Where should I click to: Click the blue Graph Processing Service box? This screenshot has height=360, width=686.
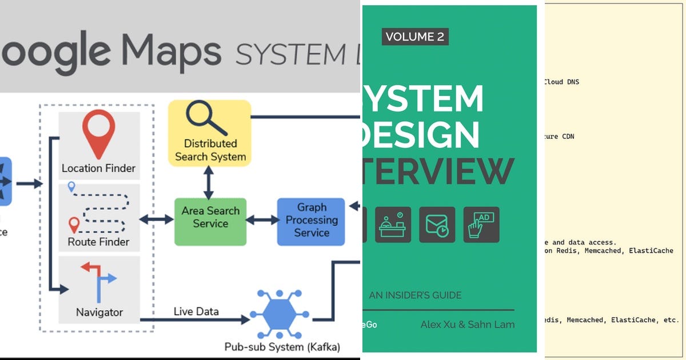(312, 221)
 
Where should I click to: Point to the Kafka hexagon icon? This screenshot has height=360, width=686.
(280, 315)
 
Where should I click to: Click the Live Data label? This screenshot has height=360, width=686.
(196, 311)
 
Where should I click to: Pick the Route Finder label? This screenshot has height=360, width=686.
(98, 242)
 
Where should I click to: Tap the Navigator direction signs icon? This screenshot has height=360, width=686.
(98, 281)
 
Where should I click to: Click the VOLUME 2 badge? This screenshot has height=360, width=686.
(414, 37)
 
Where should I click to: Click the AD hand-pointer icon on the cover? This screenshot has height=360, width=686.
(481, 225)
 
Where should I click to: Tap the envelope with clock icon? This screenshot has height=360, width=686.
(437, 225)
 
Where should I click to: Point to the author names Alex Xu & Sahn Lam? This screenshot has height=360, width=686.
(468, 325)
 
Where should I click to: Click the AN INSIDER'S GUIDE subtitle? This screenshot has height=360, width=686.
(415, 295)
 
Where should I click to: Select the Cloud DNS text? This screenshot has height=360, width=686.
(561, 82)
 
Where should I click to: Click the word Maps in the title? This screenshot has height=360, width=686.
(171, 51)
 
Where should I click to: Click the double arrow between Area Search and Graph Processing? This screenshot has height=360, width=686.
(262, 219)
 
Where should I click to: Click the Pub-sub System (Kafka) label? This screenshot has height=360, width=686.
(282, 347)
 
